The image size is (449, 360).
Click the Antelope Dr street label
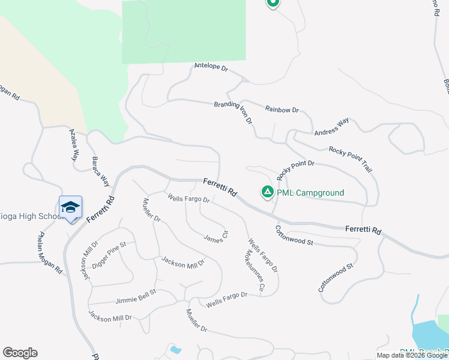point(211,67)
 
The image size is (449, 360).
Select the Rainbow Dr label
point(282,110)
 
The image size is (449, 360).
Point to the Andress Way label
point(331,128)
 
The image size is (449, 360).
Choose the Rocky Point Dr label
point(295,167)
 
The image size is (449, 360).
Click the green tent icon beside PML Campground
point(267,192)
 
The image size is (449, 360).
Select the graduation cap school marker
point(70,207)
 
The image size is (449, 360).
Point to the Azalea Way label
point(74,145)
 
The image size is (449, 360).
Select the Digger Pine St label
point(109,254)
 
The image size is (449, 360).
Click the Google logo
point(20,353)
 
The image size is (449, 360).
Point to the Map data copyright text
point(412,355)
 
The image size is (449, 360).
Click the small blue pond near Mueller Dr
point(175,349)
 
